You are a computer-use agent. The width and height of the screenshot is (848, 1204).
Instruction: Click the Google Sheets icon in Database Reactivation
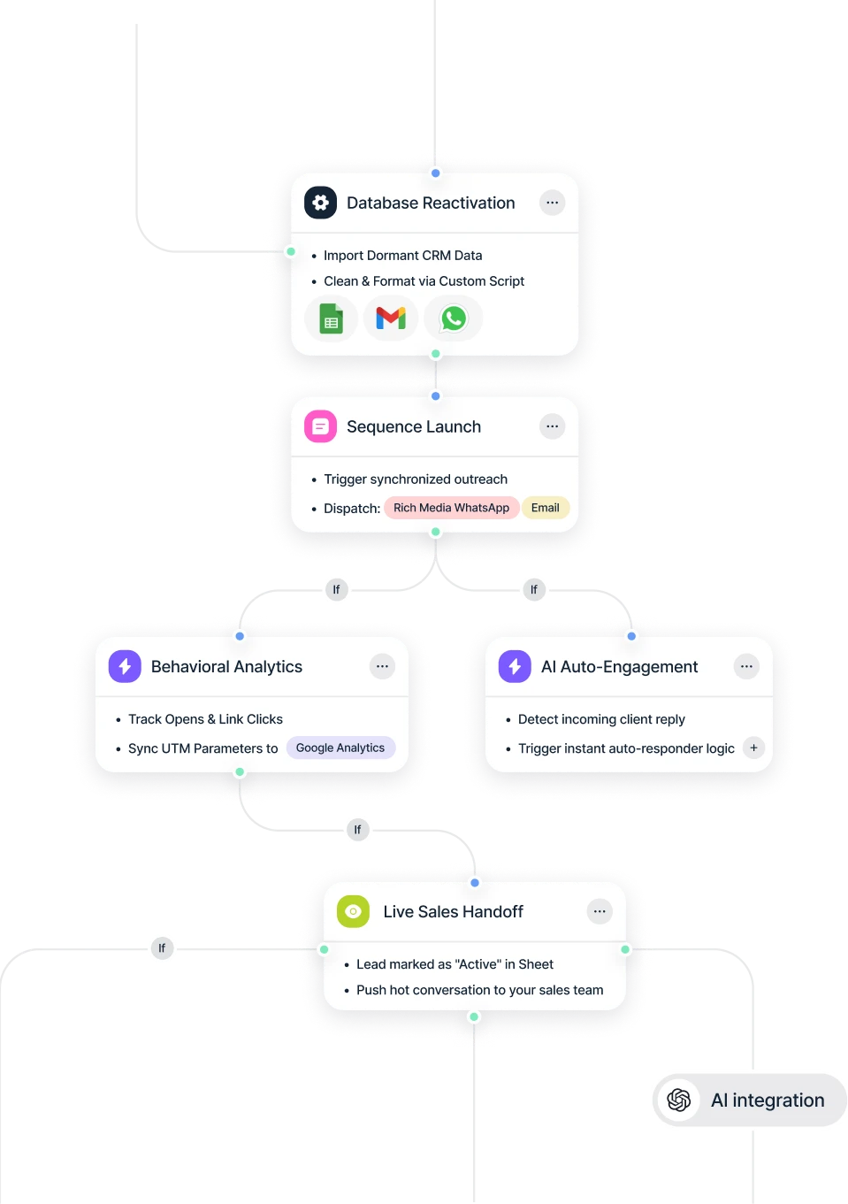click(332, 318)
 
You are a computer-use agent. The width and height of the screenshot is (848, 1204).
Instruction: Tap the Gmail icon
click(391, 318)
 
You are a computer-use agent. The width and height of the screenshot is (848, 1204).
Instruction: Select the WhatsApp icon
click(454, 318)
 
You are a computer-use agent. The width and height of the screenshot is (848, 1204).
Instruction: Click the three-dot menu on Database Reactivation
click(553, 203)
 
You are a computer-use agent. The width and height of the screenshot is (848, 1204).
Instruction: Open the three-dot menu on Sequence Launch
click(553, 426)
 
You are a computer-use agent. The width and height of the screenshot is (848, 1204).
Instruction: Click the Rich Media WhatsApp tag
click(451, 508)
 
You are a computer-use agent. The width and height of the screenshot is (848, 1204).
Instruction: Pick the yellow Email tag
click(545, 508)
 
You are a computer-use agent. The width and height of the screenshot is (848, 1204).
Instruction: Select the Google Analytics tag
click(340, 748)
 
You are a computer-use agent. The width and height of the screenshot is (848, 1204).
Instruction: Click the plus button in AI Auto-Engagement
click(753, 748)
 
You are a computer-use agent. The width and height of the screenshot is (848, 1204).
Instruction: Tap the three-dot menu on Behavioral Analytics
click(382, 666)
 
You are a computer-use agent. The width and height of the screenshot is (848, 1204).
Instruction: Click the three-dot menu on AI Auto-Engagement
click(746, 666)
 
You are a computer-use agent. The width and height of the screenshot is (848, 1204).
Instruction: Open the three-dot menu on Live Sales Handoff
click(600, 911)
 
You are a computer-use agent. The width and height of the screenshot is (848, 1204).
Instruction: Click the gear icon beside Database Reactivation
click(320, 203)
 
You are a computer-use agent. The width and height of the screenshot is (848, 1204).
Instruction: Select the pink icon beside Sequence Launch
click(320, 426)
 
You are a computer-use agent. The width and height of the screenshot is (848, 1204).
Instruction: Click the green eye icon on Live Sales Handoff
click(353, 911)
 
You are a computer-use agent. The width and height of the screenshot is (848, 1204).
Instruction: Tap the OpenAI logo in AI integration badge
click(679, 1100)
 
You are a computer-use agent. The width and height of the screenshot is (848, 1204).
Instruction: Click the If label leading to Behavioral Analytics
click(336, 589)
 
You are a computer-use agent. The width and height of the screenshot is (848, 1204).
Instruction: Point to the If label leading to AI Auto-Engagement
click(533, 589)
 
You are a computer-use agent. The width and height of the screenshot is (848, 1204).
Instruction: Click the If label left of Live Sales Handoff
click(162, 948)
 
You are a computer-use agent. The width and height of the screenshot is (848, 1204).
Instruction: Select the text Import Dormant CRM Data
click(402, 256)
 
